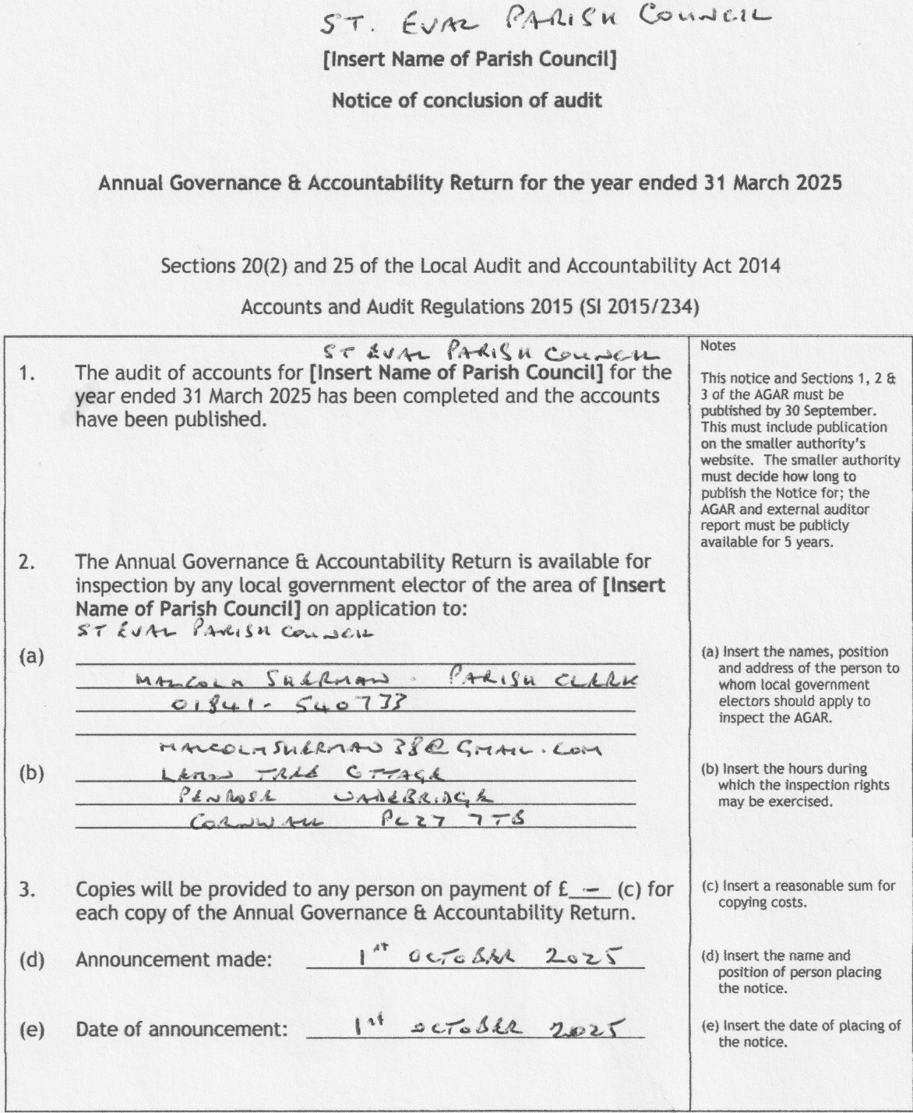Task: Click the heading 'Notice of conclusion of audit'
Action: pos(467,101)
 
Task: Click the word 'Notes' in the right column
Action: pos(717,345)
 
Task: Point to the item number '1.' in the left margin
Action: pos(27,373)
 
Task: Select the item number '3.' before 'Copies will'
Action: pos(27,889)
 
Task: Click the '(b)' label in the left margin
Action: pos(31,775)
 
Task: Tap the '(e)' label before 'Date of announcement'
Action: pos(31,1030)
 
